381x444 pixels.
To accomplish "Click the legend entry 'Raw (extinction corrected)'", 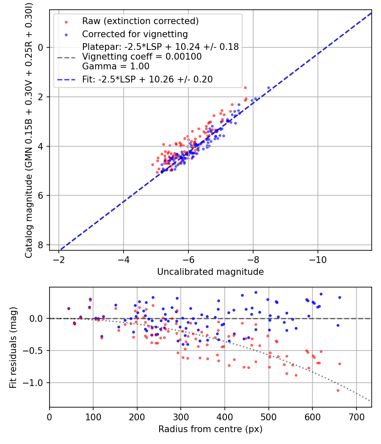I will coord(140,21).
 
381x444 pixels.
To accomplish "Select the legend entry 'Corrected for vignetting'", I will coord(135,34).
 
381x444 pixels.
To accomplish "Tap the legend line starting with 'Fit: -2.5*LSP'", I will coord(147,79).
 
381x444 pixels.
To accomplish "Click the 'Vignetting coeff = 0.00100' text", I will coord(142,56).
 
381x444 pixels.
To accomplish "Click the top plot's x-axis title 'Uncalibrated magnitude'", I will coord(210,272).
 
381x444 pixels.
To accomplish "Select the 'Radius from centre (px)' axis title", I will coord(210,429).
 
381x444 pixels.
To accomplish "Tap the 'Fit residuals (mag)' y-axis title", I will coord(13,347).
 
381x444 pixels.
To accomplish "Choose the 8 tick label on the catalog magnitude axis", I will coord(40,245).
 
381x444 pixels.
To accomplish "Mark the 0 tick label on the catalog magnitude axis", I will coord(40,47).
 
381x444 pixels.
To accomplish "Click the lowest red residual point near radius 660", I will coord(338,390).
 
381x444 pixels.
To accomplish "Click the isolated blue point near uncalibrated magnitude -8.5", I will coord(268,88).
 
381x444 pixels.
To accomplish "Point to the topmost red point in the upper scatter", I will coord(245,88).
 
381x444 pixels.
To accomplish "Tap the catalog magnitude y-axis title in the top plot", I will coord(29,129).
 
